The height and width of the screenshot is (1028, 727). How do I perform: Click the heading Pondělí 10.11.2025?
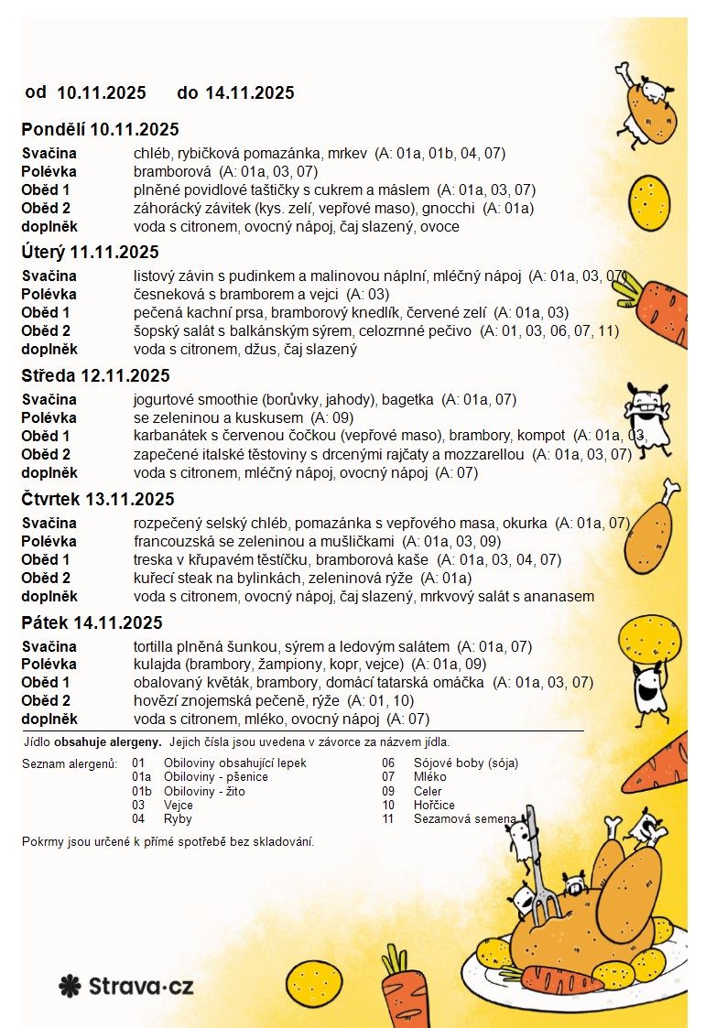[100, 129]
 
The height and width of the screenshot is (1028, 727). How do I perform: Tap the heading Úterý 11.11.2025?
[90, 252]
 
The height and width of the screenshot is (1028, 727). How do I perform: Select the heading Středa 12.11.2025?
[95, 375]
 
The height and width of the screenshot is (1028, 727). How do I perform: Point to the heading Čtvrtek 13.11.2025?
[98, 499]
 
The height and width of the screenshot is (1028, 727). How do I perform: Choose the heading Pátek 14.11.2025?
[92, 622]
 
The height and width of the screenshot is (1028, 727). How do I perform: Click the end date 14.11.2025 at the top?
[249, 92]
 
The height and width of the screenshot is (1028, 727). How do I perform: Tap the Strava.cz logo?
[126, 986]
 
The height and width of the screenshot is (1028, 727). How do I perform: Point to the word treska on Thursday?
[153, 559]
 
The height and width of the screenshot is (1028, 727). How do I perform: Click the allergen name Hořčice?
[434, 806]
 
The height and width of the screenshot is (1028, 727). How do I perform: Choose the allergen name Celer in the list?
[428, 791]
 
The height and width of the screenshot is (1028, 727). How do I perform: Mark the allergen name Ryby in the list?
[178, 819]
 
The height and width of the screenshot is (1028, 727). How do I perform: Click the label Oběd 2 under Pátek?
[46, 701]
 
